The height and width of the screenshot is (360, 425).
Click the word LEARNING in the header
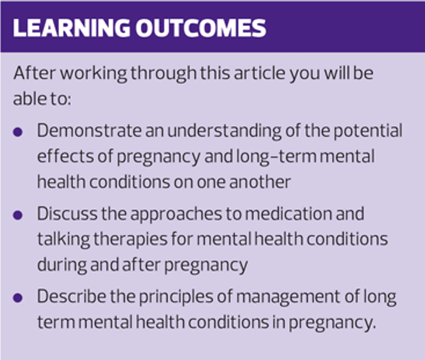(x=71, y=28)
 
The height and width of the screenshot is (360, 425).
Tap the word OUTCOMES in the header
(x=201, y=28)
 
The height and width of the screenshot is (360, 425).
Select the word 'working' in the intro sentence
(x=93, y=74)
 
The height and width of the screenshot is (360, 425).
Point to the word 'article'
(x=260, y=73)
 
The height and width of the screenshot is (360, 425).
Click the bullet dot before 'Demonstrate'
(x=18, y=132)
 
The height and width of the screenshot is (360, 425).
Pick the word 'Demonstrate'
(x=89, y=130)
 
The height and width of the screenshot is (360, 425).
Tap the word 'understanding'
(x=224, y=131)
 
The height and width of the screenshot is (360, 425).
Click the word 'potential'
(x=368, y=131)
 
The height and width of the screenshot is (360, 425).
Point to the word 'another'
(x=260, y=182)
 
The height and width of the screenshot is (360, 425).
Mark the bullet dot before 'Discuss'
(x=18, y=215)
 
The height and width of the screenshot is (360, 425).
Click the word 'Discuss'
(x=67, y=214)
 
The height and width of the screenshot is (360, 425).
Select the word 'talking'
(x=63, y=240)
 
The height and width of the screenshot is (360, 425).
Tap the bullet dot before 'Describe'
(x=18, y=298)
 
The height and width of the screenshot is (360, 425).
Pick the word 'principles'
(x=176, y=297)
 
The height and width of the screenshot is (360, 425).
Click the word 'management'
(x=288, y=297)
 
